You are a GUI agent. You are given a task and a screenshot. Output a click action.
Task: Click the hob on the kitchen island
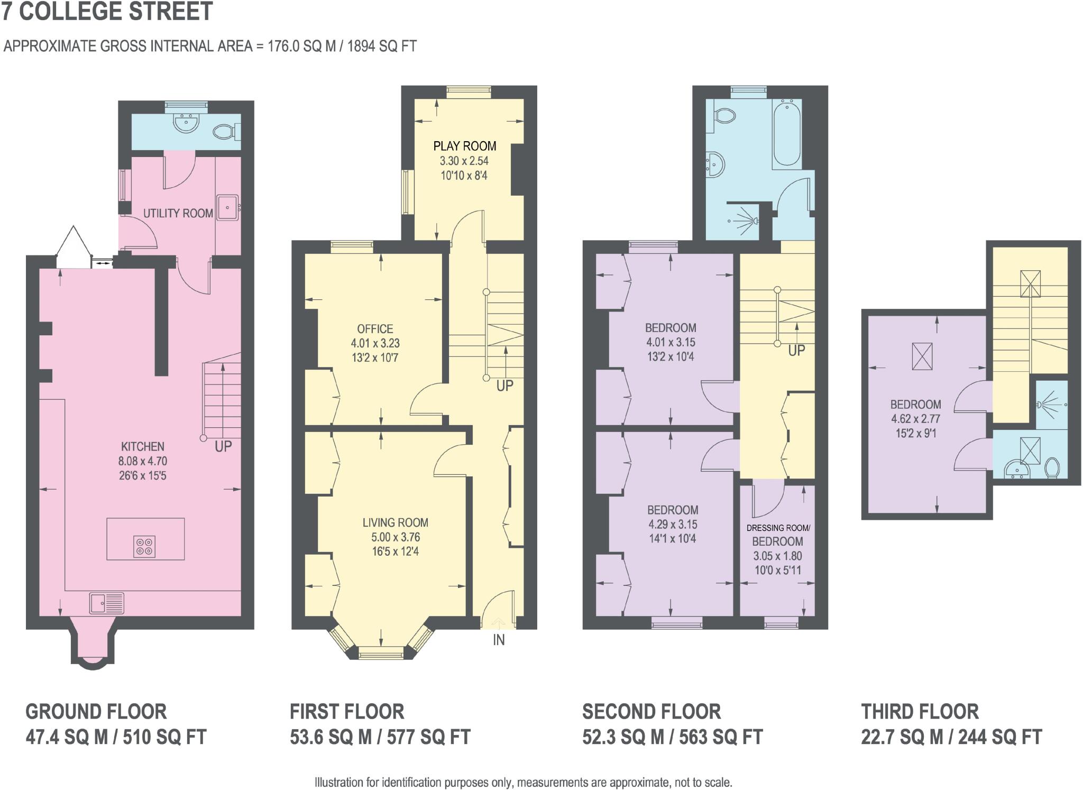point(145,546)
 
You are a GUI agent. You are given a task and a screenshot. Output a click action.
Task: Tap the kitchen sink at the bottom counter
point(106,603)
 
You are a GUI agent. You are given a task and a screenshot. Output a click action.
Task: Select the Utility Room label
point(178,213)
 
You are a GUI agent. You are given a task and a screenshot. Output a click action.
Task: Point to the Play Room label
point(464,146)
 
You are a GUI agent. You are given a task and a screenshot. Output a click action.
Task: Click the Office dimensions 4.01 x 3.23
point(375,343)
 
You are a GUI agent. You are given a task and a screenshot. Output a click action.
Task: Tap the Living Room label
point(395,522)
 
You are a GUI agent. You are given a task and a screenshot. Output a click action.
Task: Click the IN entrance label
point(499,640)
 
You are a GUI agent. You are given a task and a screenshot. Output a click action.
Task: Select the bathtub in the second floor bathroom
point(787,134)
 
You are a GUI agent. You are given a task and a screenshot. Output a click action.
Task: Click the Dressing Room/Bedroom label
point(778,535)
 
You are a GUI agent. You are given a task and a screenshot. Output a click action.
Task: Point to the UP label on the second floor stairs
point(796,350)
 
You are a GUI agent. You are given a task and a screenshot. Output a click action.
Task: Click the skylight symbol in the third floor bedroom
point(922,356)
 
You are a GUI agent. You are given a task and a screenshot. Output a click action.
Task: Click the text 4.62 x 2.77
point(915,419)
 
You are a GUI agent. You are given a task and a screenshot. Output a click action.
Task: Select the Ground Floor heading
point(96,712)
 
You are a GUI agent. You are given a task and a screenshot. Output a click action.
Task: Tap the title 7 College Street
point(107,12)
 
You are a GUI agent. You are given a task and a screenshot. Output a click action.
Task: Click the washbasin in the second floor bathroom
point(717,164)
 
